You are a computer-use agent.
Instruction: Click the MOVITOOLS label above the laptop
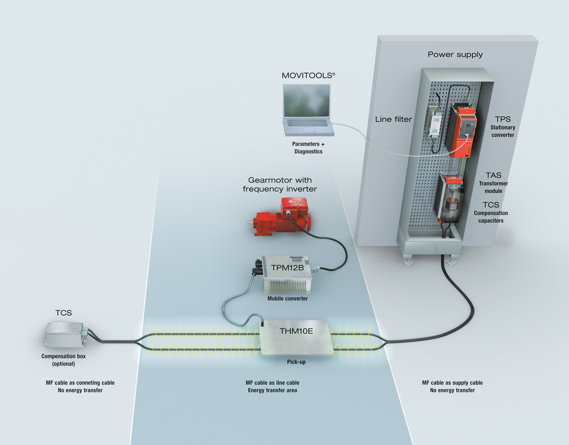[x=306, y=75]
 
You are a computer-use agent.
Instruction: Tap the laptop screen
[x=307, y=101]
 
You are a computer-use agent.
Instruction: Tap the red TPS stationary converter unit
[x=463, y=130]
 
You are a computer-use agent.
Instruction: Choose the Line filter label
[x=393, y=119]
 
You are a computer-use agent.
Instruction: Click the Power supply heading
[x=455, y=54]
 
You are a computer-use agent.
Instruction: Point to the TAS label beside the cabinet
[x=493, y=175]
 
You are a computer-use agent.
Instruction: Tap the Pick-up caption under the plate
[x=296, y=362]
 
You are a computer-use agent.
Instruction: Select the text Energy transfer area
[x=272, y=391]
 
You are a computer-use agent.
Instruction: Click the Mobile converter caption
[x=287, y=299]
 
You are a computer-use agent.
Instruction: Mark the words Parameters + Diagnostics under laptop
[x=307, y=147]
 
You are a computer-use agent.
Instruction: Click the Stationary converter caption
[x=503, y=131]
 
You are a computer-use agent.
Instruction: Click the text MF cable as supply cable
[x=452, y=383]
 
